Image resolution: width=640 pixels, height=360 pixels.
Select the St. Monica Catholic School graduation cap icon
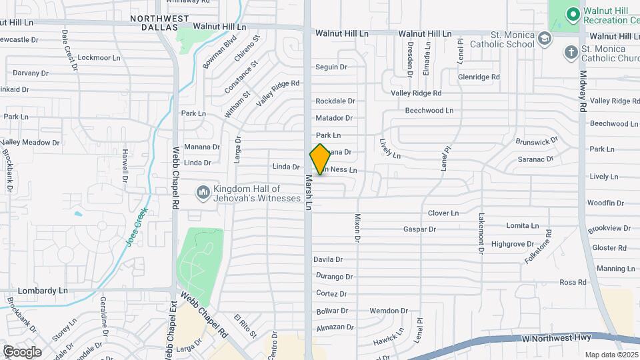click(546, 39)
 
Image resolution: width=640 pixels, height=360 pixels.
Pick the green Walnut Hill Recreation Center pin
click(572, 14)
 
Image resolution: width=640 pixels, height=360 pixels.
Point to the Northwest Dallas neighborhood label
click(155, 23)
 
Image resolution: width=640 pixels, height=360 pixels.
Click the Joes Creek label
click(137, 227)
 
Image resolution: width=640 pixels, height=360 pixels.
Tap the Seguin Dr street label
click(331, 67)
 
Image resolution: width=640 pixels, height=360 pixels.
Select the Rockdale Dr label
click(335, 101)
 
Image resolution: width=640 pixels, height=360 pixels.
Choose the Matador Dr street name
click(334, 118)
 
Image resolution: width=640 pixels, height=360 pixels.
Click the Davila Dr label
click(328, 259)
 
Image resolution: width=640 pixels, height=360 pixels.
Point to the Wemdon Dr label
click(389, 311)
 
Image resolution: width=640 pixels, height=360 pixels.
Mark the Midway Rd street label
click(582, 91)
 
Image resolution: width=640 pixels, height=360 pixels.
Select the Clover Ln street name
click(443, 213)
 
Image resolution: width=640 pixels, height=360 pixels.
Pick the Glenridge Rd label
click(479, 77)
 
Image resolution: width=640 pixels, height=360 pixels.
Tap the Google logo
click(22, 351)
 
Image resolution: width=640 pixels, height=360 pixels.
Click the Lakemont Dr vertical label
click(481, 233)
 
